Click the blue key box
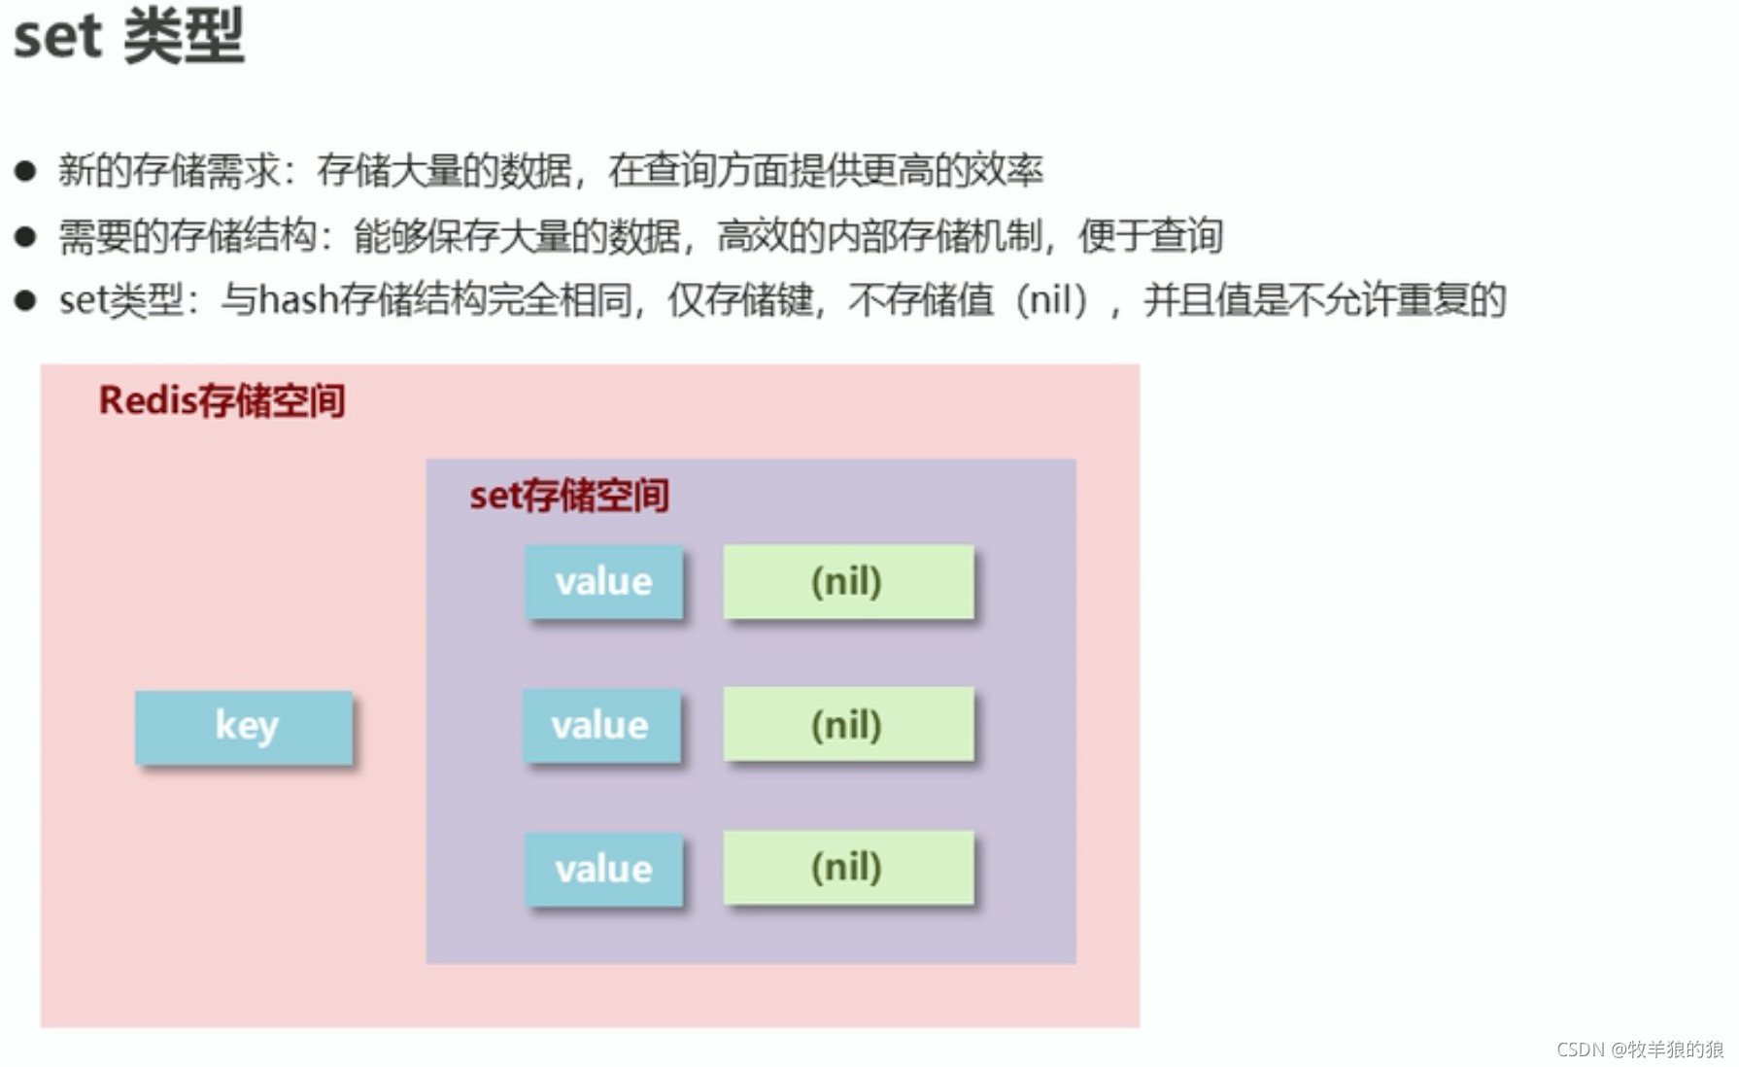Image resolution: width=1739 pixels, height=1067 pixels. [244, 727]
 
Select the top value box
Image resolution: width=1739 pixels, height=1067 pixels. [603, 581]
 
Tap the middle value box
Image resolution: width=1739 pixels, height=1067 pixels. [601, 725]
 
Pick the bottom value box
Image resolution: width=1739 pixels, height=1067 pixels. [603, 869]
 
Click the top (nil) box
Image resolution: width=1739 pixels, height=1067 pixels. [848, 581]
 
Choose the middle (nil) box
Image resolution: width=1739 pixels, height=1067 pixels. [848, 724]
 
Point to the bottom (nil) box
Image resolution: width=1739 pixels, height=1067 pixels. [848, 867]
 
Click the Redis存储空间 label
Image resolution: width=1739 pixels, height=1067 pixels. [222, 400]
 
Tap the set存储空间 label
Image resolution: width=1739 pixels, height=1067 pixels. [569, 496]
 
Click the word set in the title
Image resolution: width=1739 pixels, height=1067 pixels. [57, 37]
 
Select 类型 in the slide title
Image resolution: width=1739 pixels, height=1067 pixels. [185, 37]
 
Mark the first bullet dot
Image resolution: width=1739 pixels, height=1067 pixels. [25, 172]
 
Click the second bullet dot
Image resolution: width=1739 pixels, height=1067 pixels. [25, 236]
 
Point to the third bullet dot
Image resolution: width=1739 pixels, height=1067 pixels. [25, 300]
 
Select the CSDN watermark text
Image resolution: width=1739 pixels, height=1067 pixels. [1639, 1049]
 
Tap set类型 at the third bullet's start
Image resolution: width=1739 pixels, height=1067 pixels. [121, 300]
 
